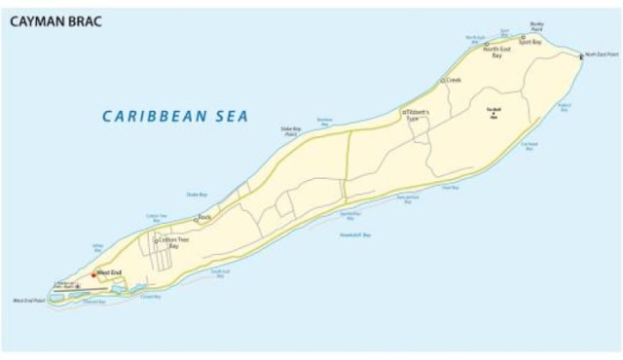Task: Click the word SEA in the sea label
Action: point(230,117)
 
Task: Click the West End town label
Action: point(109,274)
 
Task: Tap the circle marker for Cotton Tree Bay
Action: point(155,240)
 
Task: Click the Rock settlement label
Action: point(204,218)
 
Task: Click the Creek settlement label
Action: point(453,80)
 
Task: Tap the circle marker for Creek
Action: point(443,81)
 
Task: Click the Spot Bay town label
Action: point(531,43)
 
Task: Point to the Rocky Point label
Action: point(537,26)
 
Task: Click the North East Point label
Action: point(601,55)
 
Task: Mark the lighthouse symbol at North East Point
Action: point(581,57)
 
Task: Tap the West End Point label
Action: point(29,301)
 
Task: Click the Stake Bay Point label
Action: point(290,130)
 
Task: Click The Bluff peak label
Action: point(494,111)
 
